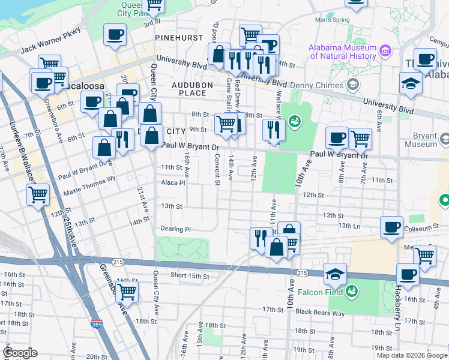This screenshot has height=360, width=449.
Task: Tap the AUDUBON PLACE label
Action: (x=192, y=89)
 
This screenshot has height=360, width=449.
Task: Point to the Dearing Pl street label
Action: (x=175, y=229)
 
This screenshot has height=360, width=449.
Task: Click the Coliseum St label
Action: (x=427, y=227)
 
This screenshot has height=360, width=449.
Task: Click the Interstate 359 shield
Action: (x=96, y=323)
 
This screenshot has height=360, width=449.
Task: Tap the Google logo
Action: (x=20, y=353)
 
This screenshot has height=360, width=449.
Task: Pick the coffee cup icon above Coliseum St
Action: (x=391, y=227)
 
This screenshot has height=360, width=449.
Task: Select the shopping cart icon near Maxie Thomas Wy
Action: (x=38, y=194)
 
